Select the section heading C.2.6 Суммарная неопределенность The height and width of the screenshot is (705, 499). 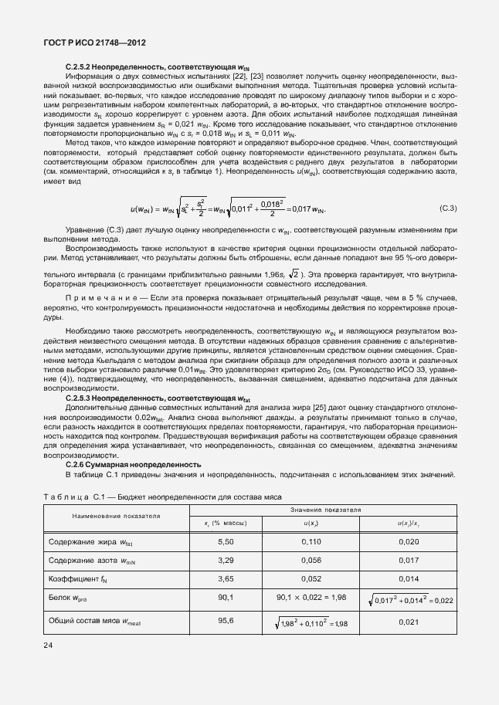(133, 464)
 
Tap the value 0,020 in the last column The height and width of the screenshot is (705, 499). (408, 543)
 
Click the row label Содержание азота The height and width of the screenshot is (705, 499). (87, 560)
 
